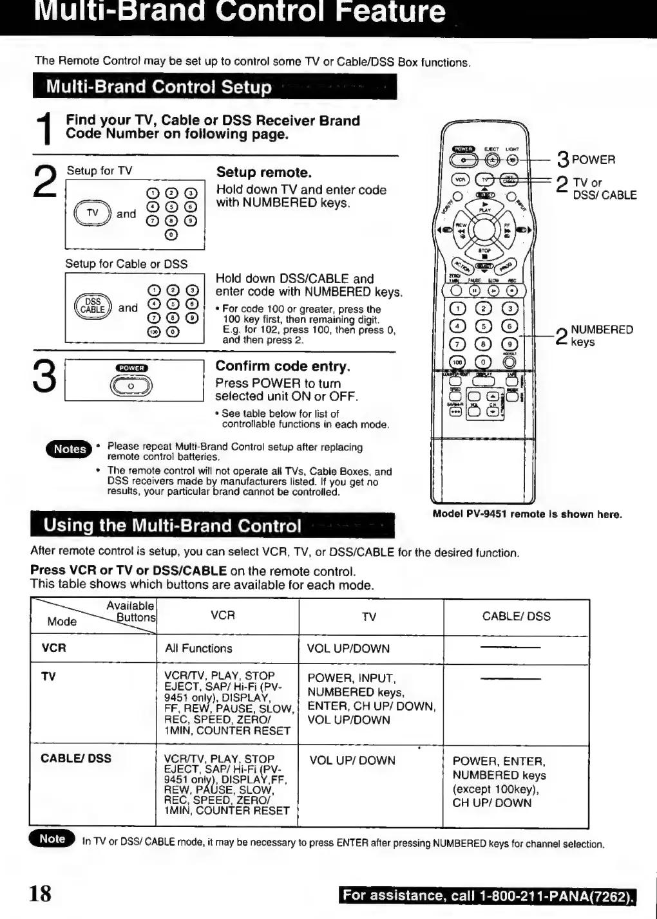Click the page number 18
tap(39, 893)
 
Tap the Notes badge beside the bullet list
tap(69, 449)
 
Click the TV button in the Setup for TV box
tap(93, 213)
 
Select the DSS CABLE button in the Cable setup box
tap(93, 306)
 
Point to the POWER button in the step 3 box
tap(131, 385)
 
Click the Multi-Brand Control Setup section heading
tap(159, 87)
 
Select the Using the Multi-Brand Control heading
tap(172, 526)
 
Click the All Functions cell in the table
tap(198, 649)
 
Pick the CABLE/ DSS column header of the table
tap(516, 617)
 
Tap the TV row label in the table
tap(48, 676)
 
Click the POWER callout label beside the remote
tap(593, 160)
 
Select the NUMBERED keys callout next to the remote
tap(601, 335)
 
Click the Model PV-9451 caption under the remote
tap(527, 514)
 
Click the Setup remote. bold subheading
tap(263, 172)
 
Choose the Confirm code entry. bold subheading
tap(283, 366)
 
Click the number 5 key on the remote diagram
tap(483, 326)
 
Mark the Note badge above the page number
tap(52, 839)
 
